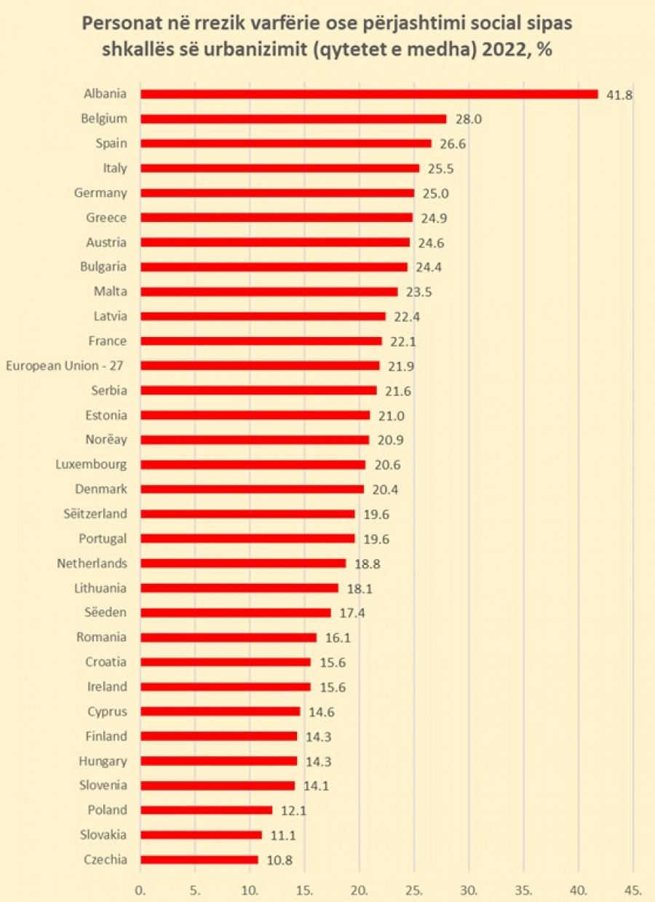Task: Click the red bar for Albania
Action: [x=369, y=94]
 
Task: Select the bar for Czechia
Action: [x=199, y=860]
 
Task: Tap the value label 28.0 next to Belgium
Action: [x=469, y=119]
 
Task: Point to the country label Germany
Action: [x=100, y=194]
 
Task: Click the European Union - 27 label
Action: [x=65, y=366]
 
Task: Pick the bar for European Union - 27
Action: [x=260, y=365]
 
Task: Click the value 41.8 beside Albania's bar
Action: [x=620, y=95]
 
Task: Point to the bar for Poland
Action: [x=206, y=810]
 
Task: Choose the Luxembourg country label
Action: [x=92, y=464]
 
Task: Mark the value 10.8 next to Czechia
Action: [x=279, y=861]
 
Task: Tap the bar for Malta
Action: [x=269, y=292]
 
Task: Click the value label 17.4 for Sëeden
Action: [x=352, y=613]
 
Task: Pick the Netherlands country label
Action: [x=92, y=563]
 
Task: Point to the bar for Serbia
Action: [x=258, y=391]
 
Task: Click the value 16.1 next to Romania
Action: [x=338, y=638]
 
